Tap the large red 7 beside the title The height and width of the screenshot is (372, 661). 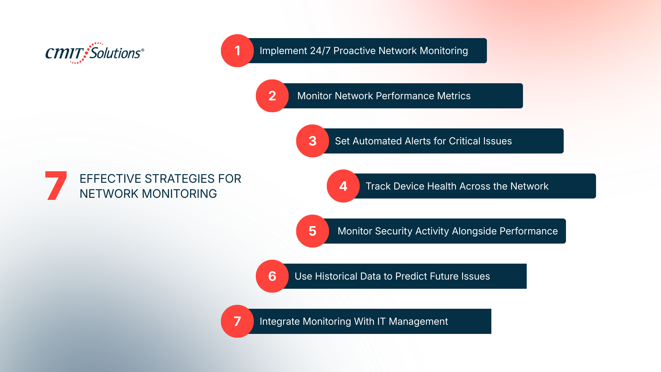(x=56, y=186)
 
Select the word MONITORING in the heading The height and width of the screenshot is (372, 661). (x=179, y=194)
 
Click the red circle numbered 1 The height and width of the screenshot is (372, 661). (x=237, y=51)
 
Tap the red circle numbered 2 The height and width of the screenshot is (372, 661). (x=272, y=96)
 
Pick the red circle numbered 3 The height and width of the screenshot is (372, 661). (x=312, y=141)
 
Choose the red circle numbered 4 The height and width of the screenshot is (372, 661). (x=343, y=186)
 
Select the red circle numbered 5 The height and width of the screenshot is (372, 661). (x=312, y=231)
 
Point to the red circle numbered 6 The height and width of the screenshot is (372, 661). (x=272, y=276)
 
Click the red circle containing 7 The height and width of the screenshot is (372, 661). (x=237, y=322)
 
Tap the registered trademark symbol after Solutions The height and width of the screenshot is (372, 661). (x=143, y=50)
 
